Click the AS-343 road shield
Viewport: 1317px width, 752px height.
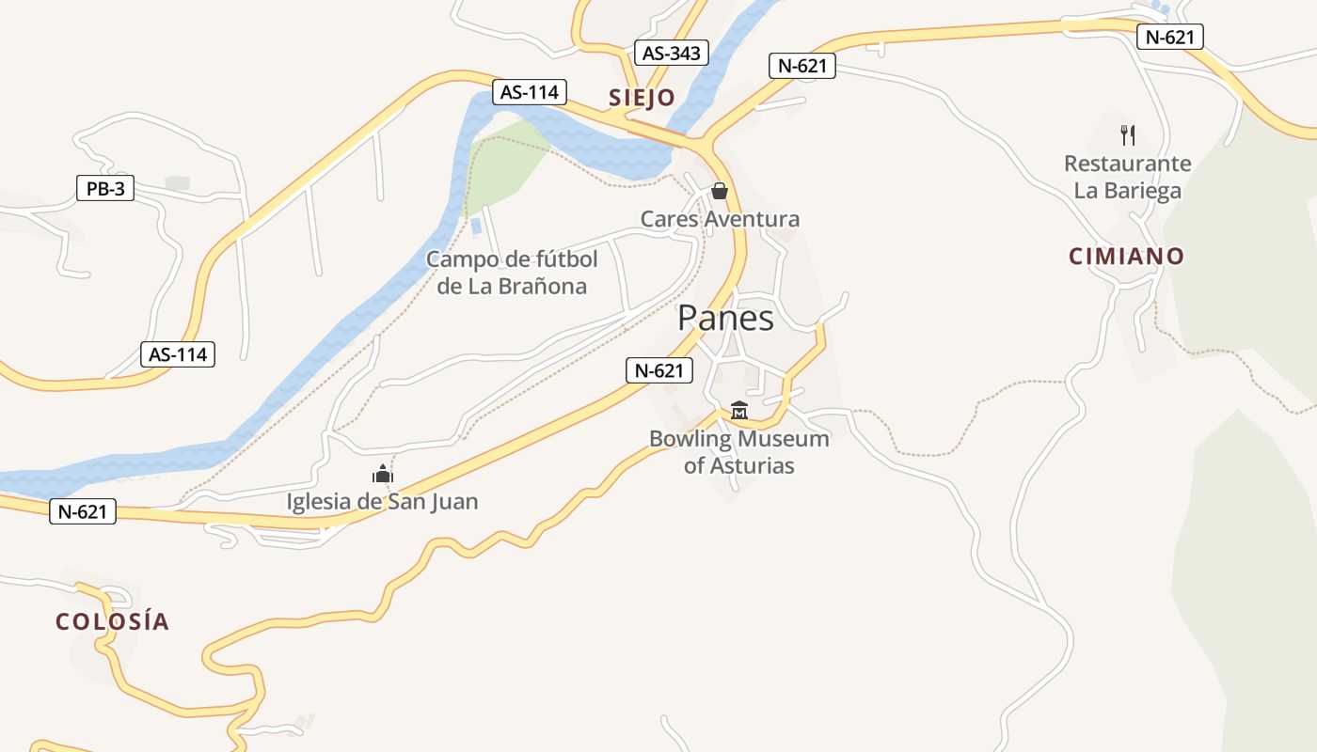click(672, 53)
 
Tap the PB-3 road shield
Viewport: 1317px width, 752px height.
click(105, 189)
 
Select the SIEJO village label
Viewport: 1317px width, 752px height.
click(642, 98)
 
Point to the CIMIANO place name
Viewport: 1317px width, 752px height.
click(1126, 256)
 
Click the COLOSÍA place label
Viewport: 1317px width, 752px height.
click(112, 621)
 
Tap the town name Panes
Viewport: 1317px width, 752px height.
click(725, 319)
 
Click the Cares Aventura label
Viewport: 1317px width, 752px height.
click(720, 219)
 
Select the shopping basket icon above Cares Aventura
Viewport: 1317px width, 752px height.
click(720, 192)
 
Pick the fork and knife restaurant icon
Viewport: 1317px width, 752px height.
click(1128, 135)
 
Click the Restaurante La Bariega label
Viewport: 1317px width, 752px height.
click(1128, 177)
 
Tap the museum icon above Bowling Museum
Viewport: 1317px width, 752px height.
click(739, 411)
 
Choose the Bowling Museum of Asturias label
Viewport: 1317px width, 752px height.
click(739, 452)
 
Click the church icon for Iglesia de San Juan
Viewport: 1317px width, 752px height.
click(383, 474)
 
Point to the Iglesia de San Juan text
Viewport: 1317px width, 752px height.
click(383, 502)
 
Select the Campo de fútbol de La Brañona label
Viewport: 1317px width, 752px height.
click(512, 273)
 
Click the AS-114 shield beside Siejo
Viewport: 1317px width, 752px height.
click(530, 92)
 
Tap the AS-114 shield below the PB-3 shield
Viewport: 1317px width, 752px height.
click(178, 354)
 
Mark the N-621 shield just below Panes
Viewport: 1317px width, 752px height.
click(659, 370)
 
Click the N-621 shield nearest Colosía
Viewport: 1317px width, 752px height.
click(83, 511)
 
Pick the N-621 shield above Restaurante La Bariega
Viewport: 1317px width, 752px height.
click(1170, 37)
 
